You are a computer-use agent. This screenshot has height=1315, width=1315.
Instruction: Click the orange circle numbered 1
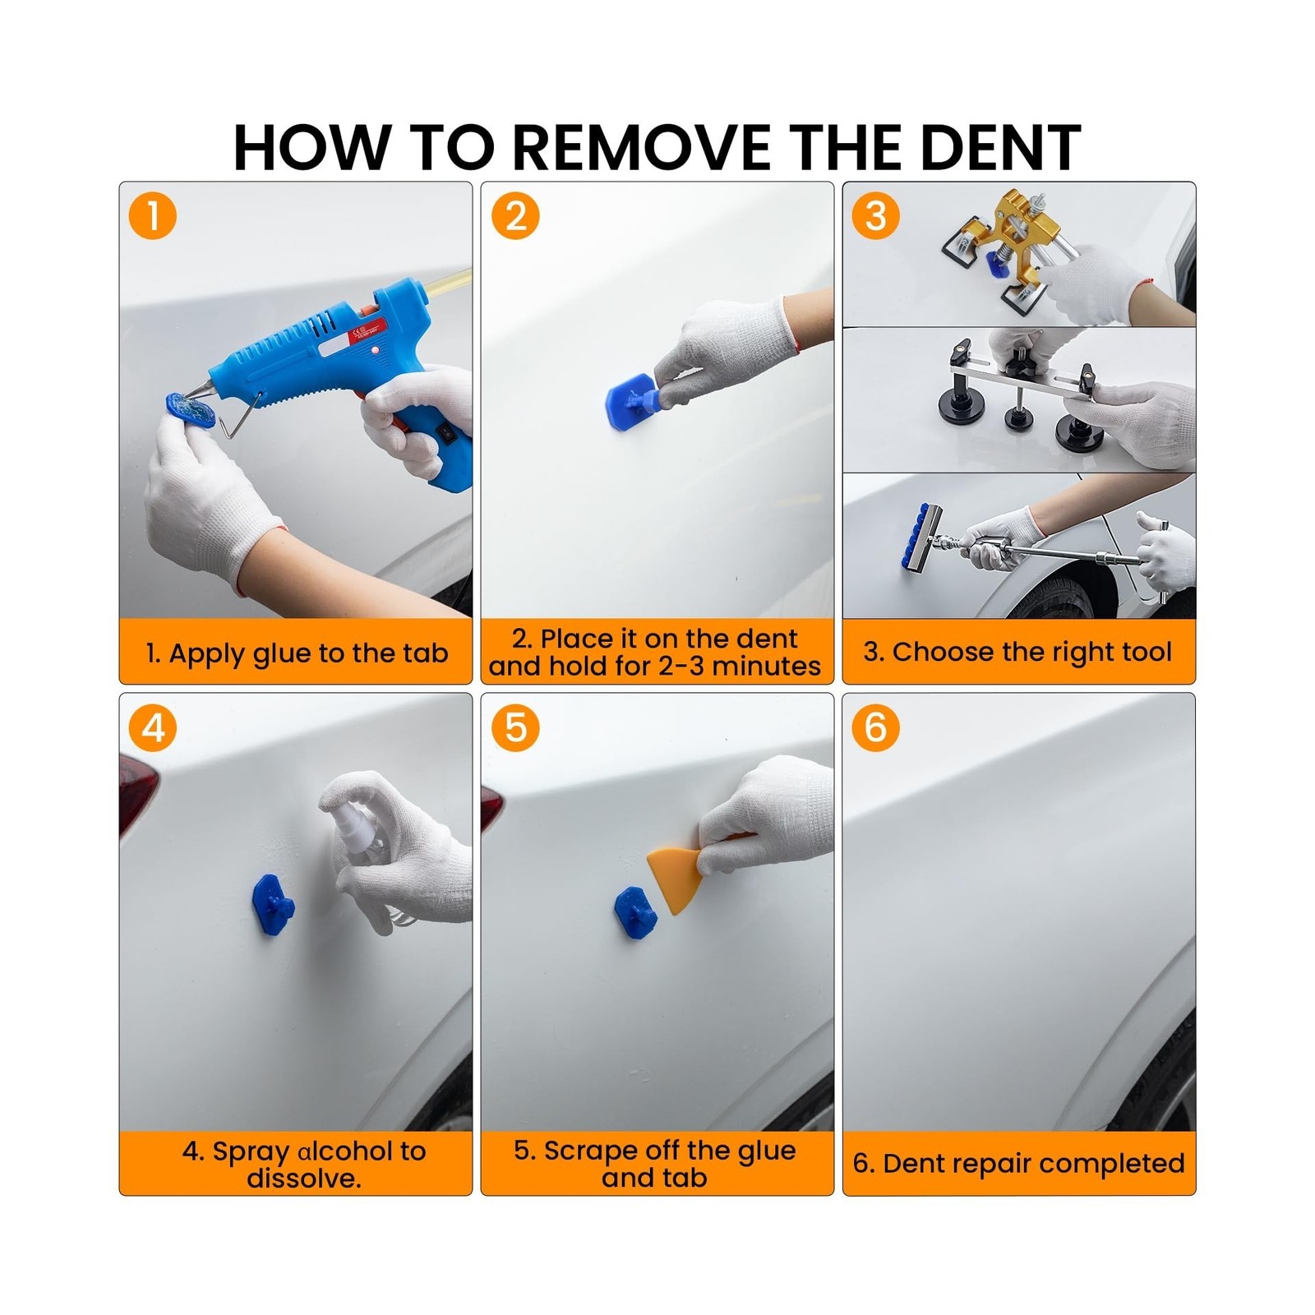click(x=153, y=216)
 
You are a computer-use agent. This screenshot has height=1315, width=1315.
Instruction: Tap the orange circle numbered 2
click(x=516, y=216)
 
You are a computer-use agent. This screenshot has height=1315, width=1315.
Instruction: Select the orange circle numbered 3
click(x=876, y=216)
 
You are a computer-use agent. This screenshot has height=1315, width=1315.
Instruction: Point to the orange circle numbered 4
click(x=153, y=727)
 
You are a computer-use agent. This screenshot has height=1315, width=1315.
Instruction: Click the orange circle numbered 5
click(x=516, y=727)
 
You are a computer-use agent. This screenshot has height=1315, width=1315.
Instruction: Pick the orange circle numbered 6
click(x=876, y=727)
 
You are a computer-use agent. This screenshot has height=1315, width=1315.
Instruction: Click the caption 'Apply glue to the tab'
click(x=308, y=653)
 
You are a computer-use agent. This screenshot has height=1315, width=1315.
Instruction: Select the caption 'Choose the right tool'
click(x=1032, y=652)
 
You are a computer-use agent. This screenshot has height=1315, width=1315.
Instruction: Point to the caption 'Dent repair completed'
click(x=1034, y=1163)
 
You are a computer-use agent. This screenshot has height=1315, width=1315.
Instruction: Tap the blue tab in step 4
click(x=273, y=904)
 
